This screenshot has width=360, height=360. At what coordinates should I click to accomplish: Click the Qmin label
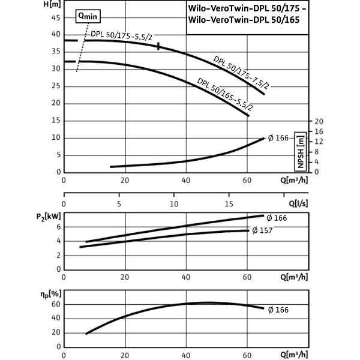coord(88,16)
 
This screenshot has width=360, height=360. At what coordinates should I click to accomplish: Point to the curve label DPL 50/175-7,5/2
coord(242,74)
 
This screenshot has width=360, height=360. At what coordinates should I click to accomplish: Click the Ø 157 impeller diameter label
coord(262,230)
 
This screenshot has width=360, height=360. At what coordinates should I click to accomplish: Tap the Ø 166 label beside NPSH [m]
coord(278,138)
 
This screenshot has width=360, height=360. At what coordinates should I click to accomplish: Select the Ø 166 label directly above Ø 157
coord(276,218)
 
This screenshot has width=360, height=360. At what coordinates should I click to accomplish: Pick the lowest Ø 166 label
coord(278,310)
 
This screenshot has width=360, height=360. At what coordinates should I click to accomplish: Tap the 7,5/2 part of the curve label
coord(259,83)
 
